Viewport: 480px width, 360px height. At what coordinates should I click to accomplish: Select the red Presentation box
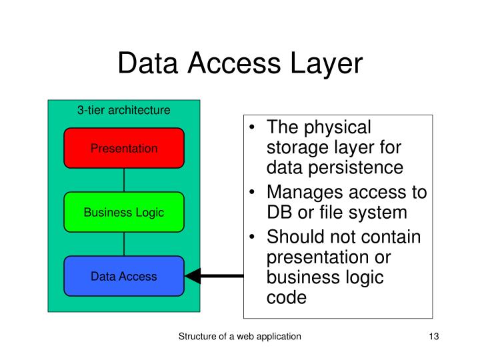click(x=124, y=148)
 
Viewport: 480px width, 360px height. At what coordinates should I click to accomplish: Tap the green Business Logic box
click(x=124, y=212)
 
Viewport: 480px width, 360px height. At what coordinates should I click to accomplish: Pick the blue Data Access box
click(x=124, y=276)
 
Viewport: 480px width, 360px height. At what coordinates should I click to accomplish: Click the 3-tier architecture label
click(x=124, y=110)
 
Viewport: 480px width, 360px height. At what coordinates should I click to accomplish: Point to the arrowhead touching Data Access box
click(x=193, y=276)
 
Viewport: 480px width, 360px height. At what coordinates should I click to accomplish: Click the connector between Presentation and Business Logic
click(x=124, y=180)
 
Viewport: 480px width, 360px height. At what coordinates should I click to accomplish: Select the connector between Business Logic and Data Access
click(x=124, y=244)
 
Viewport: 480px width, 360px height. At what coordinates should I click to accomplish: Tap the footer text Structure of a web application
click(x=239, y=337)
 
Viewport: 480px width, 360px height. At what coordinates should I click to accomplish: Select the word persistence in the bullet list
click(x=365, y=167)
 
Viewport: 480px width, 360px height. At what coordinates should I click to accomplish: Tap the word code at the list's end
click(x=286, y=297)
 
